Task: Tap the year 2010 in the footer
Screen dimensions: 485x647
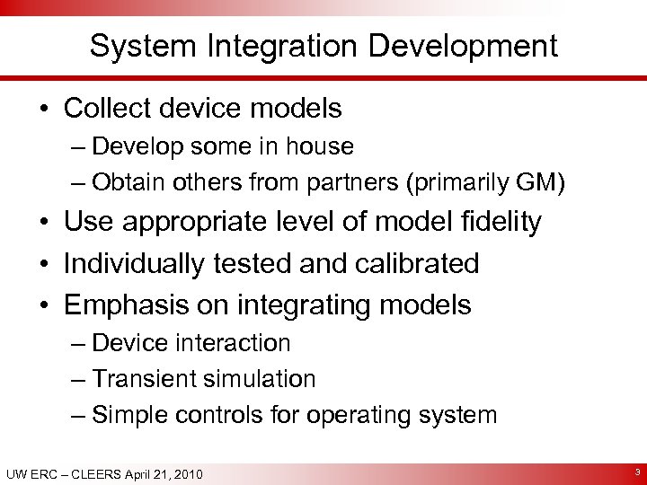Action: click(x=185, y=474)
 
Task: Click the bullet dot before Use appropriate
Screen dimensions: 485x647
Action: click(x=45, y=223)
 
